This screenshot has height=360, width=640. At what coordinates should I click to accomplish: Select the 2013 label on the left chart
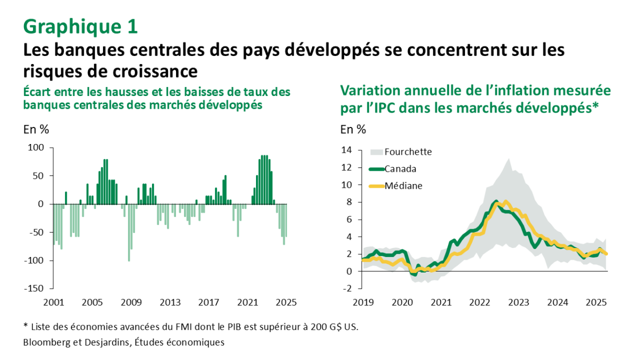(170, 302)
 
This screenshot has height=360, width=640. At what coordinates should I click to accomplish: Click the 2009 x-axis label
(131, 302)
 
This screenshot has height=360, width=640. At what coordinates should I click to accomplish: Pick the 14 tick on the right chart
(347, 150)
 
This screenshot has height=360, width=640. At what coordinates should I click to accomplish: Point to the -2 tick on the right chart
(347, 289)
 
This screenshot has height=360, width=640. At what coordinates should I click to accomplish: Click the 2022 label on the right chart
(479, 302)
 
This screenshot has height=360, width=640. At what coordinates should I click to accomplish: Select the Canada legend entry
(400, 169)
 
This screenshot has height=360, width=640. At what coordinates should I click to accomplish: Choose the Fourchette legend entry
(408, 151)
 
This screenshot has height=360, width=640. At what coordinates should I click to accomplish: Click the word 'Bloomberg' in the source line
(45, 342)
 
